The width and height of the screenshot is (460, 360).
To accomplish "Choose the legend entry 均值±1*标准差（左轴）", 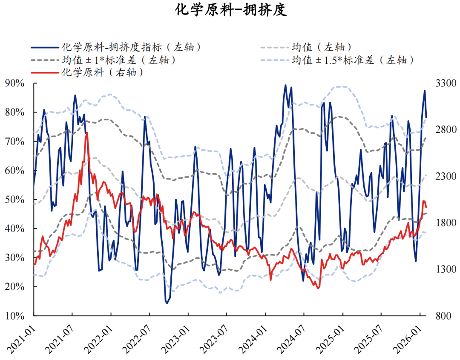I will (x=119, y=60).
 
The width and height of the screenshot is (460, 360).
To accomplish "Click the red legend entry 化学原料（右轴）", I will (x=102, y=72).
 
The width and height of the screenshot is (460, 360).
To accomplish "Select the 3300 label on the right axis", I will (x=444, y=83).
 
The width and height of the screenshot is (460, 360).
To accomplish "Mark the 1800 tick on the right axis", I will (x=444, y=223).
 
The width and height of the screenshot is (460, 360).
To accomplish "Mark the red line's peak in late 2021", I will (x=87, y=133).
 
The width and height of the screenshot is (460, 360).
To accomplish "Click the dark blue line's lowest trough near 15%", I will (x=167, y=303).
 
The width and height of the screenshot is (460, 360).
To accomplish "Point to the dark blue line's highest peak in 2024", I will (x=285, y=86).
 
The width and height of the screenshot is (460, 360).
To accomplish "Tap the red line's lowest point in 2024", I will (x=318, y=288).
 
